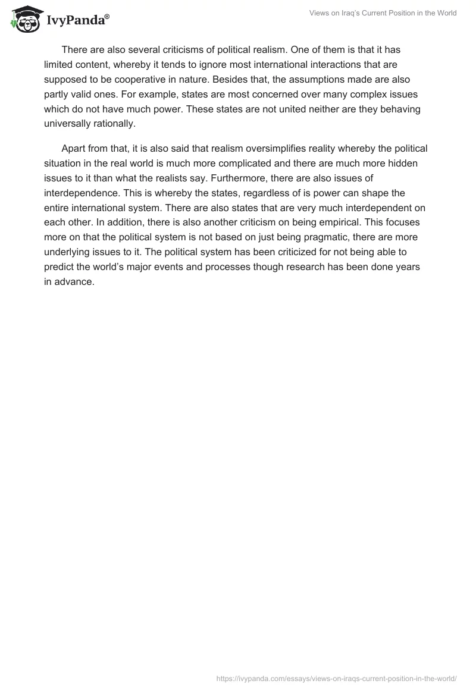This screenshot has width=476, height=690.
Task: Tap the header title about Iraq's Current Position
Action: point(383,13)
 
